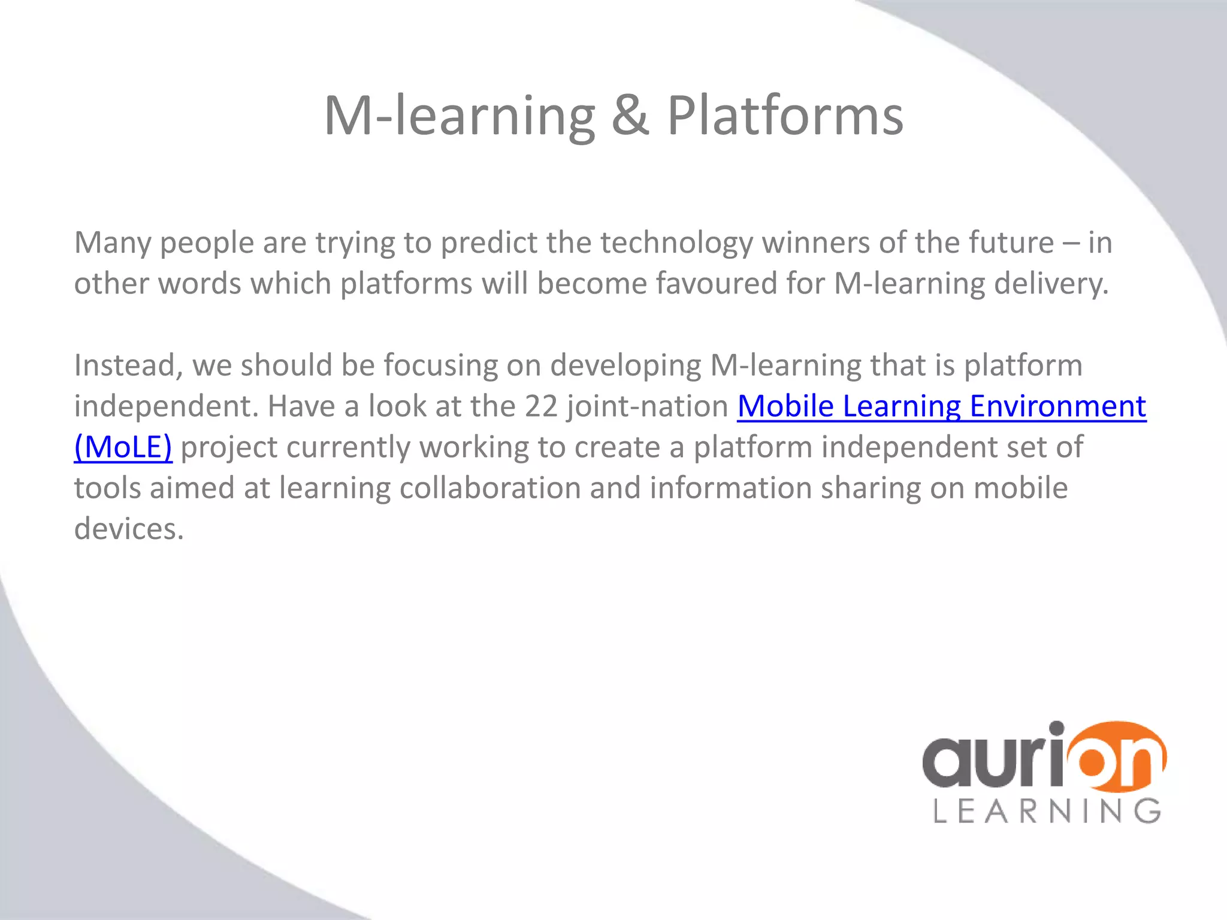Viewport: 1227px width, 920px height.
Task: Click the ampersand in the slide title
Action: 630,116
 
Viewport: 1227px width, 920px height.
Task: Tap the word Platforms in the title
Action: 785,116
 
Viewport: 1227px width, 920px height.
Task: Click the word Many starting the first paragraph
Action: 113,243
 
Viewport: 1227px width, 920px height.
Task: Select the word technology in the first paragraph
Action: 676,243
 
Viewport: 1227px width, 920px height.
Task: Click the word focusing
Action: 440,365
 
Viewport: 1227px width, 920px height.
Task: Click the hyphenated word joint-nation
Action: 648,406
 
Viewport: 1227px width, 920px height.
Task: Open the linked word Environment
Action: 1057,406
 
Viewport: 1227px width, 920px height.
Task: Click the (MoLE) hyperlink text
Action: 123,447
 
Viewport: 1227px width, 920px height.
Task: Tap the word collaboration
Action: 490,488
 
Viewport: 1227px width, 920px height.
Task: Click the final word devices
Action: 129,529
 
